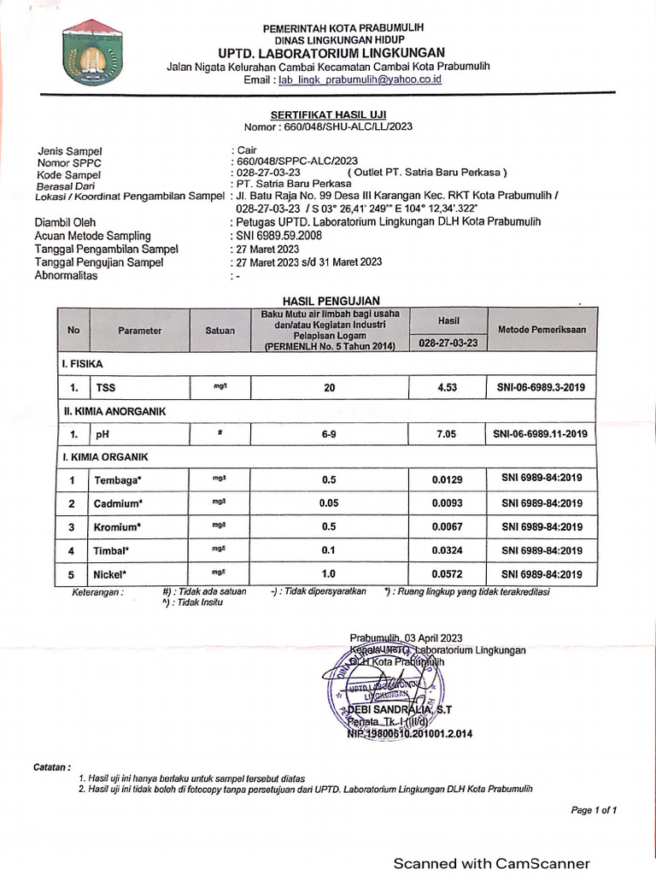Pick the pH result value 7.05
coord(446,434)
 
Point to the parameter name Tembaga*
coord(118,480)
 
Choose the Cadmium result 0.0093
coord(448,502)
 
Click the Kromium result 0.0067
coord(448,526)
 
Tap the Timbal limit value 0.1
coord(329,550)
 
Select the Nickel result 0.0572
coord(448,573)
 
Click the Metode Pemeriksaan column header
coord(542,329)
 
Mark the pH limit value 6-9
coord(329,434)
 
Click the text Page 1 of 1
coord(594,809)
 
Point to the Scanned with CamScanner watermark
coord(491,863)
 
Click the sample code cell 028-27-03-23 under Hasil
coord(448,343)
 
